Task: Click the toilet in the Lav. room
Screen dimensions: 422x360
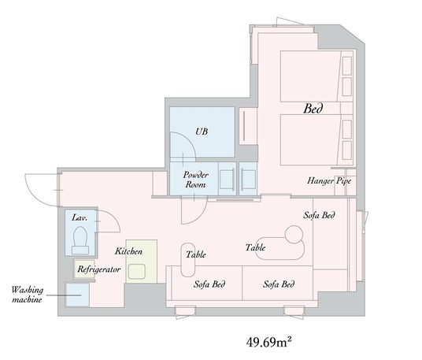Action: [x=80, y=240]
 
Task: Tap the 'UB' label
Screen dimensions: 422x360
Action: [x=202, y=132]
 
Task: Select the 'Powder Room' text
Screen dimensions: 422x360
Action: [x=196, y=180]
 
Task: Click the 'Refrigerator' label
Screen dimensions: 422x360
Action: [x=98, y=269]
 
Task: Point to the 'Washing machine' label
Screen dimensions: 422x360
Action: [x=27, y=295]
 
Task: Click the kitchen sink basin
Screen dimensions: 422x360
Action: [x=137, y=272]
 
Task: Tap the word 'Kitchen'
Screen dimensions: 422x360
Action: [x=128, y=251]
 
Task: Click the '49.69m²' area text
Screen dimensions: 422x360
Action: [x=268, y=342]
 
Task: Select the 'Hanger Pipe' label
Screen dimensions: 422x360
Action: [x=329, y=181]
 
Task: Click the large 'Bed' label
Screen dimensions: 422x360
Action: [x=313, y=109]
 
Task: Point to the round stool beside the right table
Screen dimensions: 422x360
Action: [x=294, y=235]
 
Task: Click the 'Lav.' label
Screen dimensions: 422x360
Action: [x=80, y=217]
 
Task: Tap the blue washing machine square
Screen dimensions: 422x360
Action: [x=77, y=295]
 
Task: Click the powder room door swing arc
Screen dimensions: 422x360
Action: [x=199, y=216]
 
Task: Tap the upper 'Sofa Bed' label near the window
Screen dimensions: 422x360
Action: [x=319, y=215]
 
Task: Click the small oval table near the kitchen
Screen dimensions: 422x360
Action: [x=188, y=260]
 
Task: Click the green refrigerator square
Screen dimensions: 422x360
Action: [x=84, y=269]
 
